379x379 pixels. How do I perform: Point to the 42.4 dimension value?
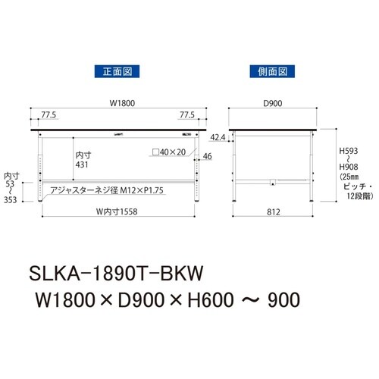218,138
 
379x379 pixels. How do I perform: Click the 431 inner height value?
83,164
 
